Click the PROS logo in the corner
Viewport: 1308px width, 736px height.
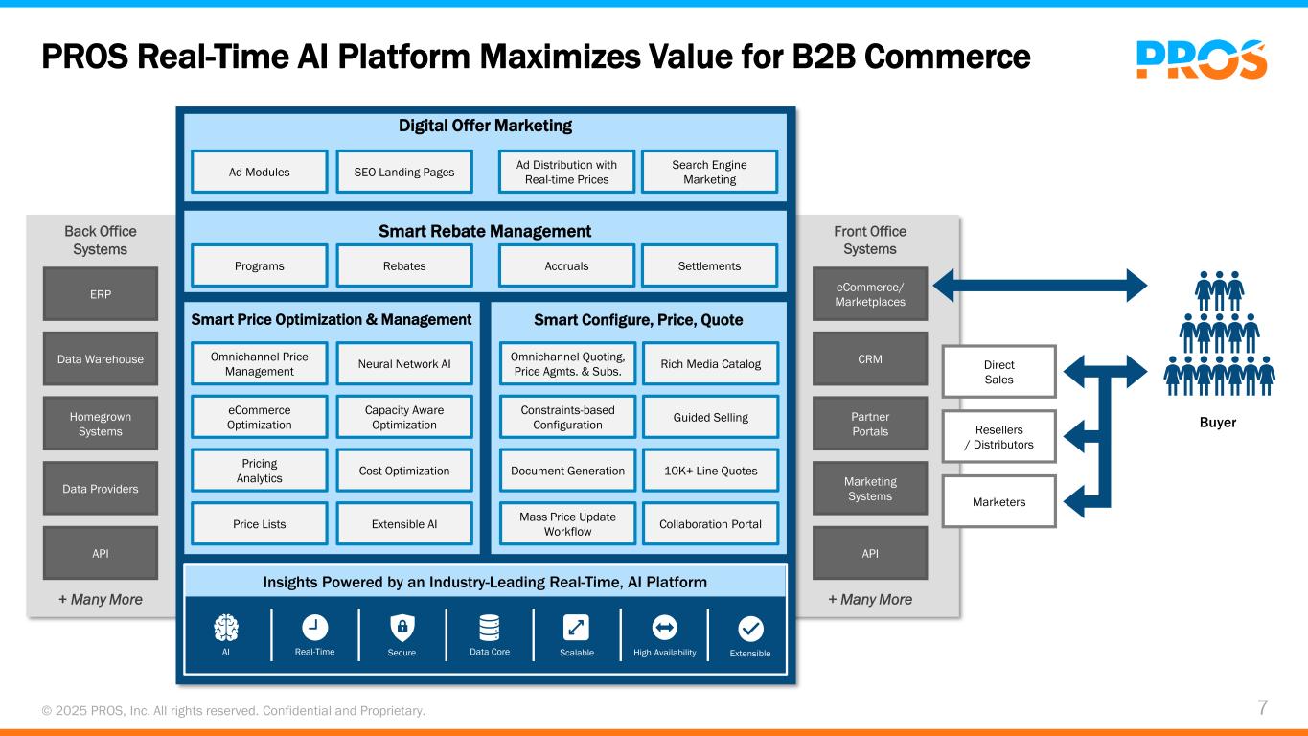1202,59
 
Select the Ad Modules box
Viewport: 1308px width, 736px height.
260,172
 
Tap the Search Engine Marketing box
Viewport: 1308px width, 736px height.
709,172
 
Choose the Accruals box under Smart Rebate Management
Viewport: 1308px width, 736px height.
566,265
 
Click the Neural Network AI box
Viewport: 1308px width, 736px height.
404,363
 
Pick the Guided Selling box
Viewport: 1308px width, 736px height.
711,417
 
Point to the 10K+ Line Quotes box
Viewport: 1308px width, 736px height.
711,471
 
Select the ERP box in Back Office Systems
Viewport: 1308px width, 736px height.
101,294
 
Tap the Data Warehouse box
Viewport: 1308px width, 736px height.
101,358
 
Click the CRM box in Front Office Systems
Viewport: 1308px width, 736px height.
870,358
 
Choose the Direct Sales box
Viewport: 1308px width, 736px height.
999,372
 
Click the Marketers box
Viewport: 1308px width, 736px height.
999,502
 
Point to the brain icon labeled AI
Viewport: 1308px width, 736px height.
226,628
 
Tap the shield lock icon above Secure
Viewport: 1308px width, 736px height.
402,628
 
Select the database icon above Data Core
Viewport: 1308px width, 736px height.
490,628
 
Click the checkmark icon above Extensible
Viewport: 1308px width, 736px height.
750,629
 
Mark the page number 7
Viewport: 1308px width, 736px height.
1262,708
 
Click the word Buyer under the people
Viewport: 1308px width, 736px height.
1218,423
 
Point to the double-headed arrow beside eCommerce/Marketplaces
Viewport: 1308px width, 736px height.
1040,286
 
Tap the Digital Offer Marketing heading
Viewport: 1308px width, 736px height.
485,126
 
